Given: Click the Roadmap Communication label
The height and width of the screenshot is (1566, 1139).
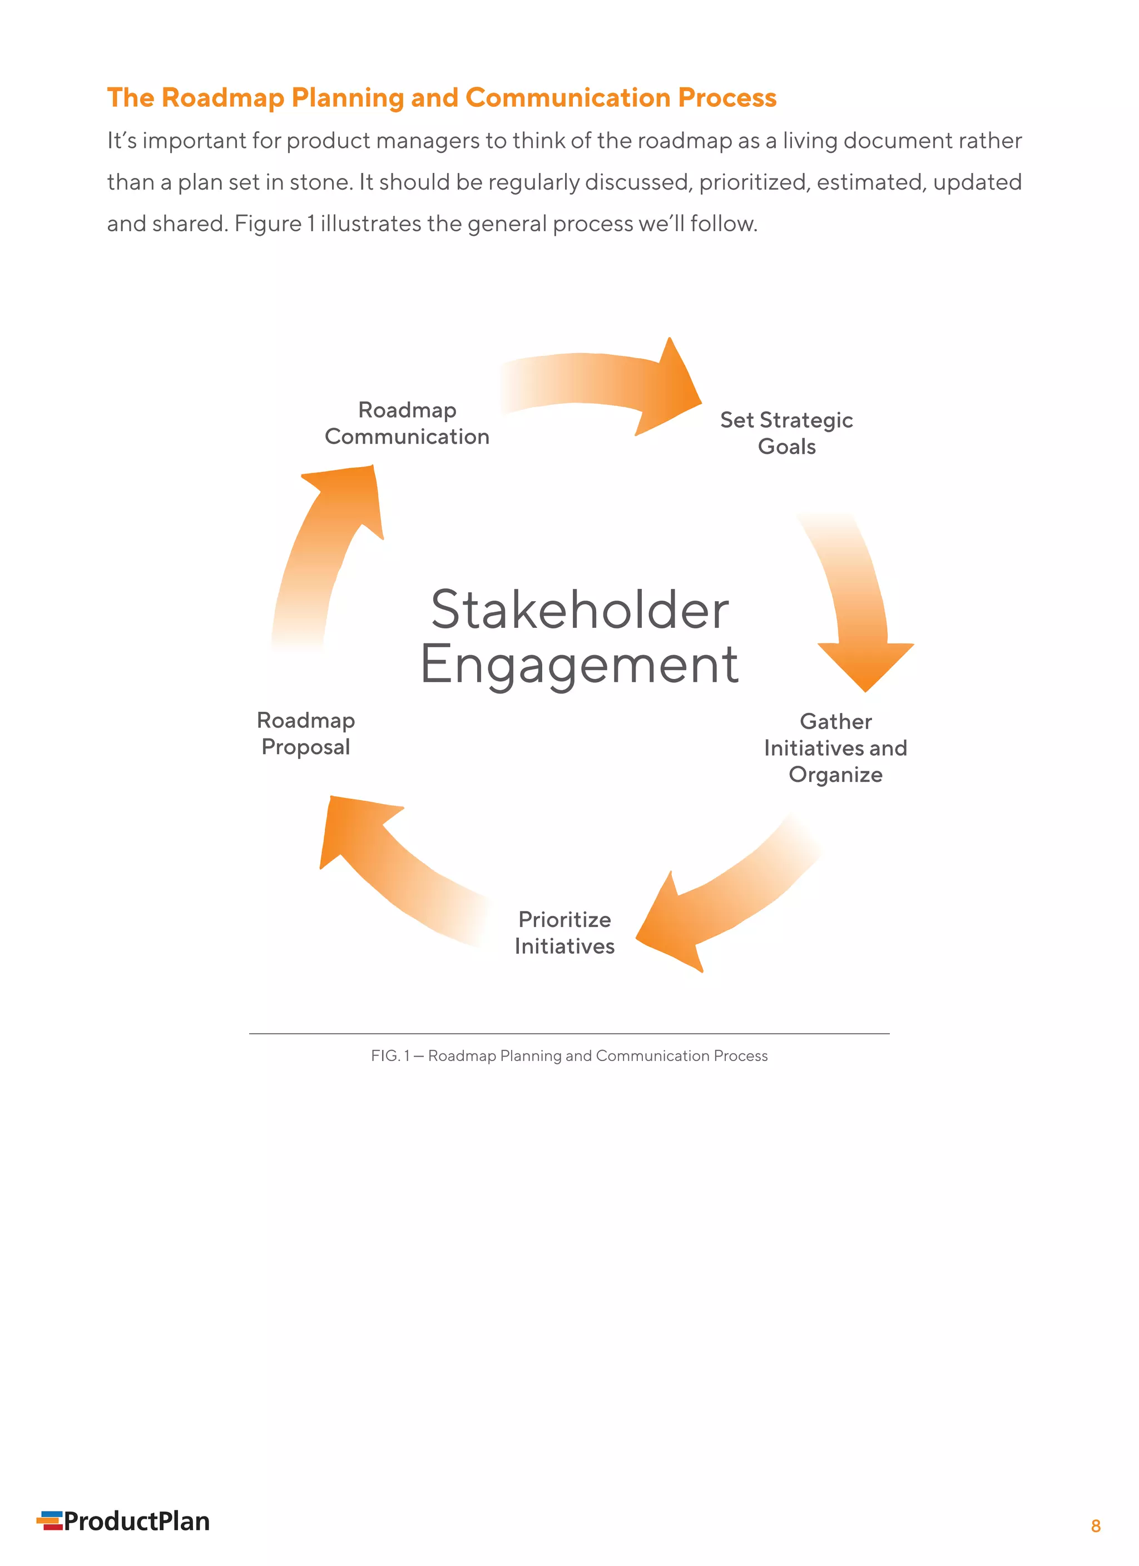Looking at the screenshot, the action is coord(407,423).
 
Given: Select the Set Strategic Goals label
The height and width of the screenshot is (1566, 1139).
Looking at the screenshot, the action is coord(787,433).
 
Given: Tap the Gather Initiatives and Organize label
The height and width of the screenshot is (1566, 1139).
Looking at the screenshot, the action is coord(836,748).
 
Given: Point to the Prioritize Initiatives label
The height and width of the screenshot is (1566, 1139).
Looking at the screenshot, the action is coord(564,933).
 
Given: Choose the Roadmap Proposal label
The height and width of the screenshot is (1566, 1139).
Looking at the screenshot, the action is coord(306,734).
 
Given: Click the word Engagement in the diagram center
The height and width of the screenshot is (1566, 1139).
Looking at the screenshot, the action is coord(580,664).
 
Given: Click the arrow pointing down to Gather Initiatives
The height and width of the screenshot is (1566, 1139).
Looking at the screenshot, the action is coord(856,601).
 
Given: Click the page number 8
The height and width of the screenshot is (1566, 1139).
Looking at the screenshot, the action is coord(1096,1526).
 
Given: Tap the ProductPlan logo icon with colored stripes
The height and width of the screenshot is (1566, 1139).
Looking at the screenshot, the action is coord(49,1521).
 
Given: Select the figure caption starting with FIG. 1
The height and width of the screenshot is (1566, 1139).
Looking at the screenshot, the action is coord(569,1055).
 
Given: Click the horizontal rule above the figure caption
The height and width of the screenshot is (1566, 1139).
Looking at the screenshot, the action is coord(569,1034).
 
